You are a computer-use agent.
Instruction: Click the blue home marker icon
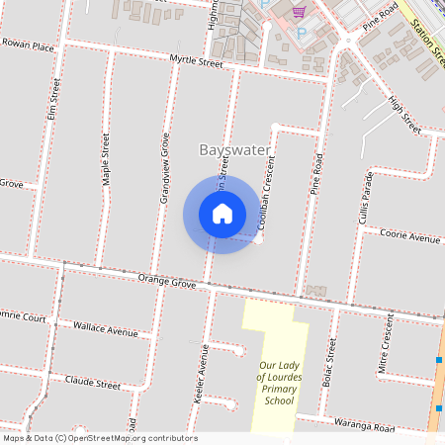click(x=222, y=214)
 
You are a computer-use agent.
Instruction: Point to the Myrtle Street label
click(x=196, y=61)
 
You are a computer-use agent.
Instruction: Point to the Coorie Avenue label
click(x=413, y=238)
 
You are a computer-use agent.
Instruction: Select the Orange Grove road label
click(x=168, y=281)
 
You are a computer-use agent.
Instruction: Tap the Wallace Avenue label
click(x=107, y=330)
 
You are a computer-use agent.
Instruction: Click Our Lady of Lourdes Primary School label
click(x=277, y=368)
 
